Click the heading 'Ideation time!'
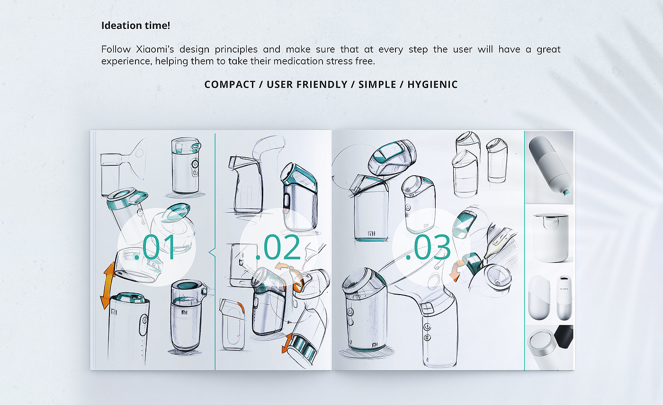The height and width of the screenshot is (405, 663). [135, 26]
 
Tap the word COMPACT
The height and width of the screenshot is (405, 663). [230, 85]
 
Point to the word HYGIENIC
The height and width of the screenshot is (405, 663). [432, 85]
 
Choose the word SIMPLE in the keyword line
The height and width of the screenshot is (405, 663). [377, 85]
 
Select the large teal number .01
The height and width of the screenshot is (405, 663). [154, 247]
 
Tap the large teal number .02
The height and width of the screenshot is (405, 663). [278, 247]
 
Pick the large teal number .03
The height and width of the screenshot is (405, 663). [428, 247]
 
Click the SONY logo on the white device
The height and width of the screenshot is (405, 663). [564, 288]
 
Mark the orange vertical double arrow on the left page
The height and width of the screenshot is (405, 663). [108, 285]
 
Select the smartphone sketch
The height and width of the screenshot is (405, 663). [241, 265]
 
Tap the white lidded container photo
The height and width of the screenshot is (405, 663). [550, 237]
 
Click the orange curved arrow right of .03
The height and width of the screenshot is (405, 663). [455, 270]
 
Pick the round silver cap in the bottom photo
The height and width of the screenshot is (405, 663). [540, 343]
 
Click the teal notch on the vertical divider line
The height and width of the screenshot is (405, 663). [212, 252]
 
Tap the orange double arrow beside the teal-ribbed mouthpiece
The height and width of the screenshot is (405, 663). [287, 343]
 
